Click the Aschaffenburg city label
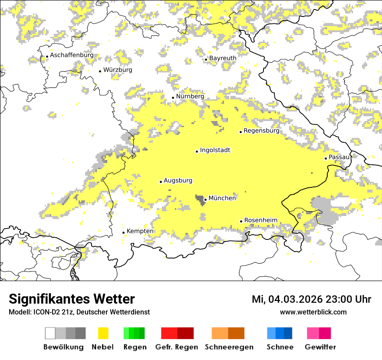click(x=72, y=56)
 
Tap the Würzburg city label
click(x=118, y=70)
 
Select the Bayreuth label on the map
click(x=223, y=58)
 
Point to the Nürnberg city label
click(x=190, y=96)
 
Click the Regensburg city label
click(x=261, y=131)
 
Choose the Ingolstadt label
click(x=215, y=150)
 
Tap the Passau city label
click(x=339, y=157)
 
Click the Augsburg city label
click(x=178, y=180)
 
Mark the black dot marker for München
click(x=205, y=200)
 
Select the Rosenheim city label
click(x=260, y=220)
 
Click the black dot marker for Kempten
click(x=123, y=232)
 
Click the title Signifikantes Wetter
click(x=72, y=299)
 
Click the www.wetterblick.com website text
click(x=313, y=312)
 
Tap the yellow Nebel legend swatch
click(x=103, y=333)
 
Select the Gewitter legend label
click(x=320, y=347)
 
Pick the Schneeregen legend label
click(x=229, y=347)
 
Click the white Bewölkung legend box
click(x=50, y=333)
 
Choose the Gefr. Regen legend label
click(x=176, y=347)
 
